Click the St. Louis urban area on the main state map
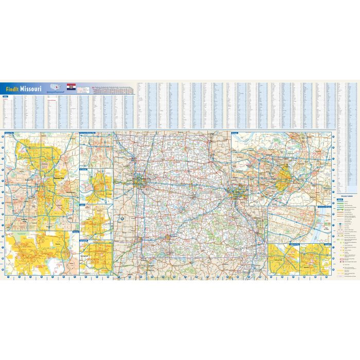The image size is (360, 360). (x=236, y=192)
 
